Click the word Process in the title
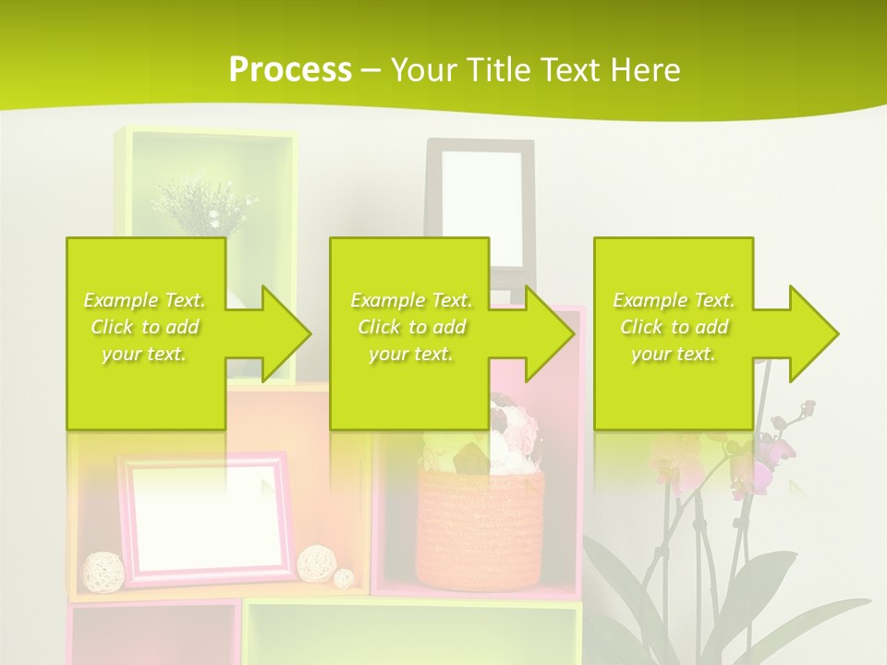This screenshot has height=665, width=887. click(290, 69)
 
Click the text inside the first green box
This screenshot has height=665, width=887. click(145, 327)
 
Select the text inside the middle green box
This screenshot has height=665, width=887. click(410, 327)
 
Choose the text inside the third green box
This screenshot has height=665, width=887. click(674, 327)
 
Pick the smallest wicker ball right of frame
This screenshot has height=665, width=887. click(344, 578)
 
